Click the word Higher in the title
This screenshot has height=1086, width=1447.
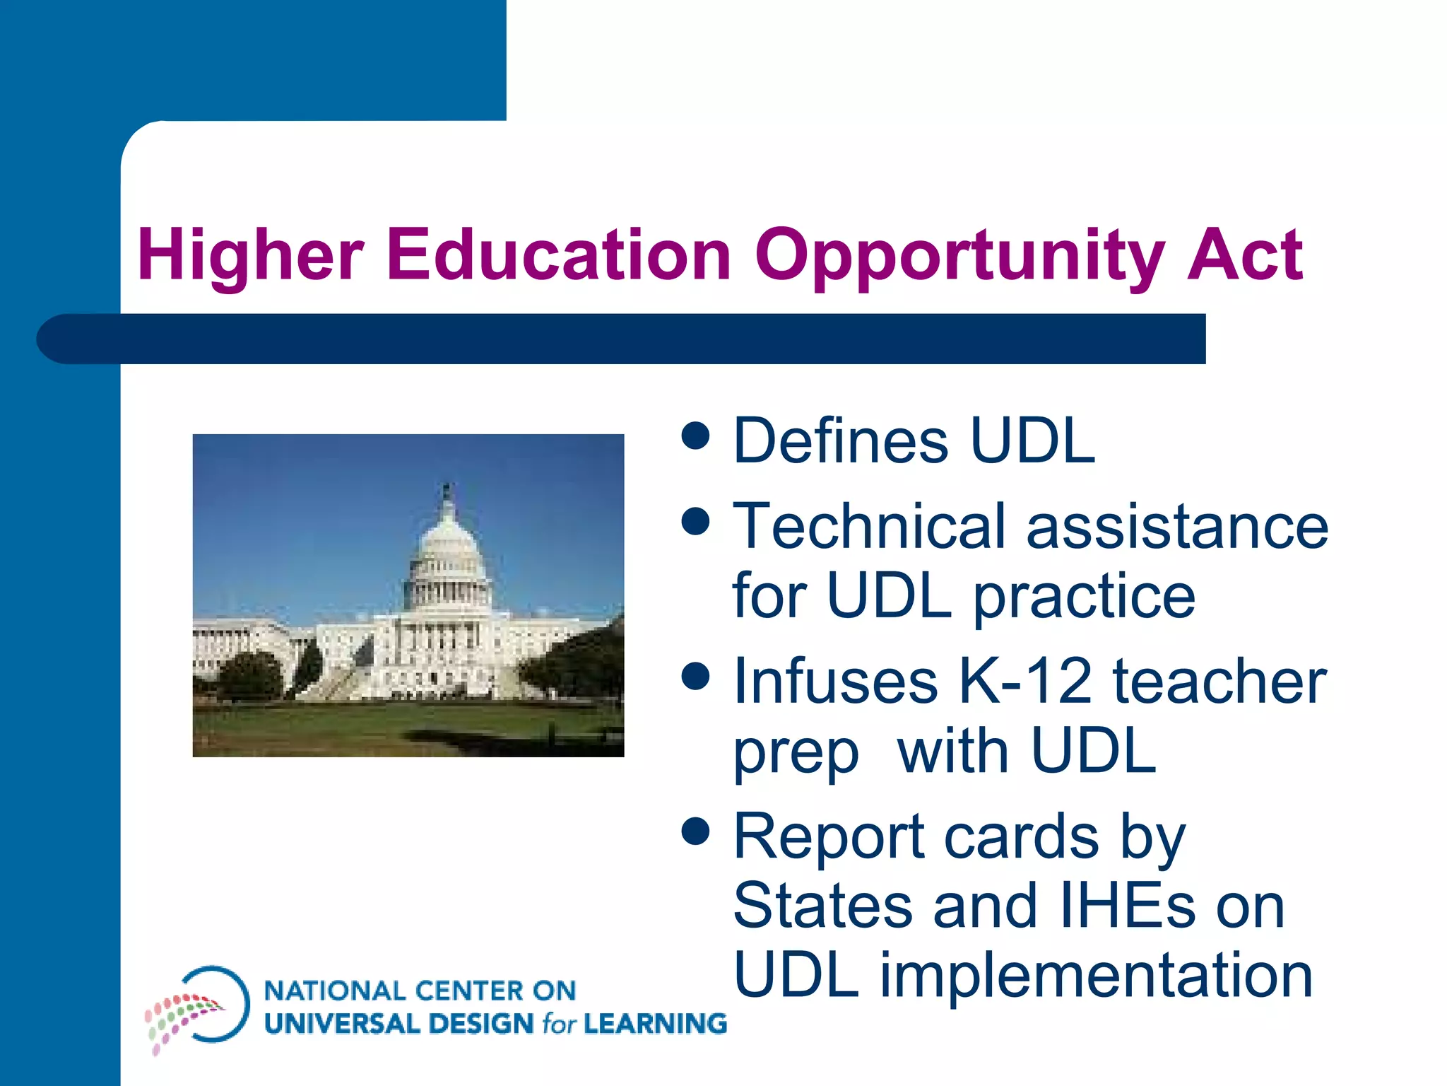[251, 256]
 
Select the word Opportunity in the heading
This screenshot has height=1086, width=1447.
[959, 256]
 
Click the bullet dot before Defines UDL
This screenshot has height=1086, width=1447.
[696, 436]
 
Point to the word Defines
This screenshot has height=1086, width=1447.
[841, 441]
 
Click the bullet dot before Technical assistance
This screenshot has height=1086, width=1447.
[696, 522]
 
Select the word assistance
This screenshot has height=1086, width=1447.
[1178, 527]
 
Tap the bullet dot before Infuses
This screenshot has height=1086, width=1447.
[696, 676]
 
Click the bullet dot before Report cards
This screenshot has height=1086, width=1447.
[696, 831]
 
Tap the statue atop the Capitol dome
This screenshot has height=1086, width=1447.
[447, 490]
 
